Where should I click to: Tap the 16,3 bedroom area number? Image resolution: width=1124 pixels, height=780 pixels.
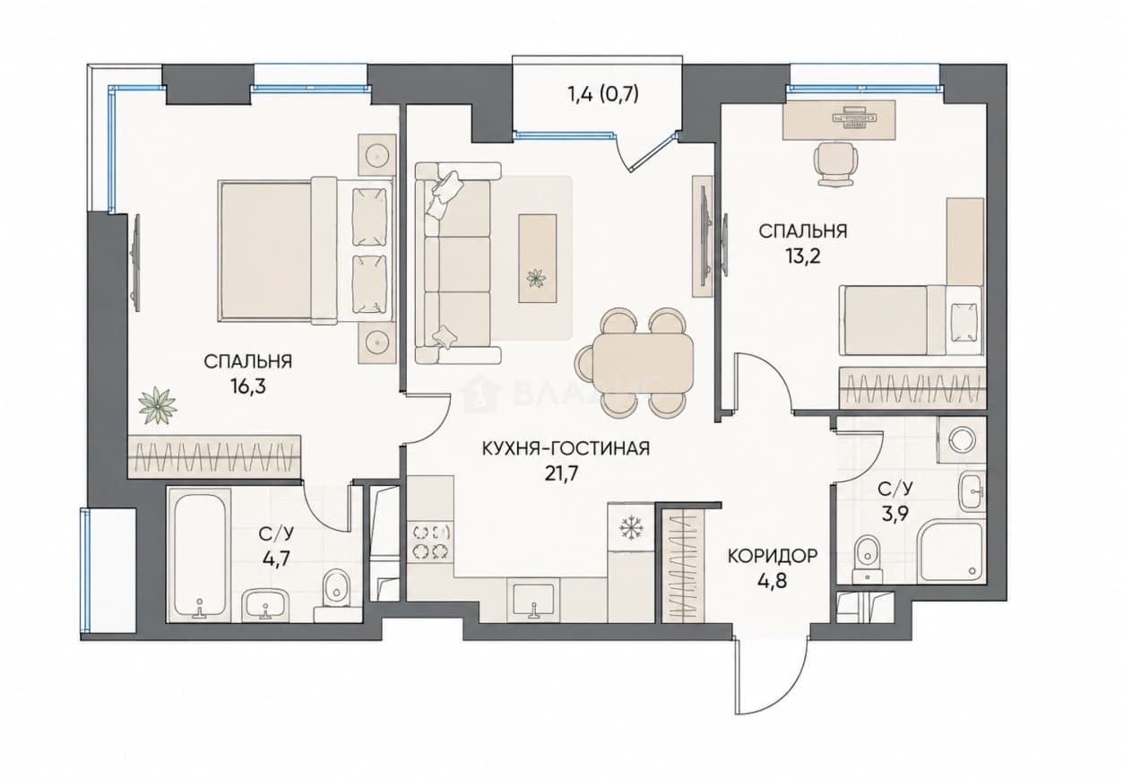(x=248, y=386)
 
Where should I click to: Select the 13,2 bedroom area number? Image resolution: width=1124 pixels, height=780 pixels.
(x=803, y=256)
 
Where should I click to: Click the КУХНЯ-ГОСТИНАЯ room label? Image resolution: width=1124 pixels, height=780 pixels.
(x=566, y=448)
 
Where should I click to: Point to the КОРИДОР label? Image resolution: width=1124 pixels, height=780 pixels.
(x=773, y=556)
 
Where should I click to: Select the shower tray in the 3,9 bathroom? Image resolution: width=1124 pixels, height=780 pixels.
(x=949, y=553)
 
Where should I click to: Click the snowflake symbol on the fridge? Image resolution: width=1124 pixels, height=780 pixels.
(x=627, y=527)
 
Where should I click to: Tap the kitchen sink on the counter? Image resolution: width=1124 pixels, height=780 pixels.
(x=533, y=601)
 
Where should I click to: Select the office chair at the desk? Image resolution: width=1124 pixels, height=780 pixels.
(x=834, y=164)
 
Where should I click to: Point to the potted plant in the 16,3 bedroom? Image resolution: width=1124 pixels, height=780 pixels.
(x=157, y=405)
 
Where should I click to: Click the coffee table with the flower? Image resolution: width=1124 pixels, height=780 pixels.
(x=538, y=258)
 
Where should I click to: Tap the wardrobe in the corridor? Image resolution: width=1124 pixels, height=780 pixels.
(x=683, y=567)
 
